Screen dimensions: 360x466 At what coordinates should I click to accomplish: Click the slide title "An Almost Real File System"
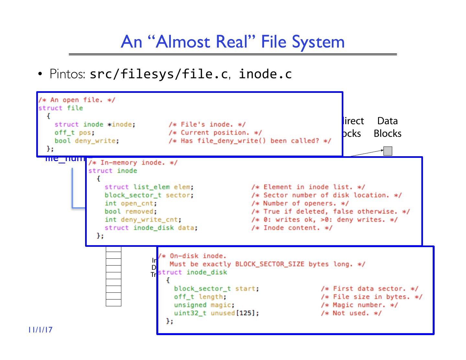(233, 42)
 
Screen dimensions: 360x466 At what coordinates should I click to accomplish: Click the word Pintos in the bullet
(67, 74)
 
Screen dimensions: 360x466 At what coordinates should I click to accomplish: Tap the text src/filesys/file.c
(159, 74)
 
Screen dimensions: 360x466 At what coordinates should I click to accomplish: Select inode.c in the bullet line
(265, 74)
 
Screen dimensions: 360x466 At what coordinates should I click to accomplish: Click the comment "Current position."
(215, 133)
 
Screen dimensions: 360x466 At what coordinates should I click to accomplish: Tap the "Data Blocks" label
(387, 127)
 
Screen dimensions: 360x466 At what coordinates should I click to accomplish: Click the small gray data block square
(388, 151)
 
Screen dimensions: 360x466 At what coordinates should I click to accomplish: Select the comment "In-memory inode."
(133, 163)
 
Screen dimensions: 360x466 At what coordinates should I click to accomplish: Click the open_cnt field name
(137, 203)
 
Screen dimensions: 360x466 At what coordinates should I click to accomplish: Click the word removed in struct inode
(139, 212)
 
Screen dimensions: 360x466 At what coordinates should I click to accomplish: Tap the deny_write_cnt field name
(149, 220)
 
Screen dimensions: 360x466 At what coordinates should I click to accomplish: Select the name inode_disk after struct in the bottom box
(207, 272)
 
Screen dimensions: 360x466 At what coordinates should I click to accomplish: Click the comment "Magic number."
(359, 305)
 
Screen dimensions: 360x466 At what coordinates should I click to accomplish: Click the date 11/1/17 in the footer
(40, 330)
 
